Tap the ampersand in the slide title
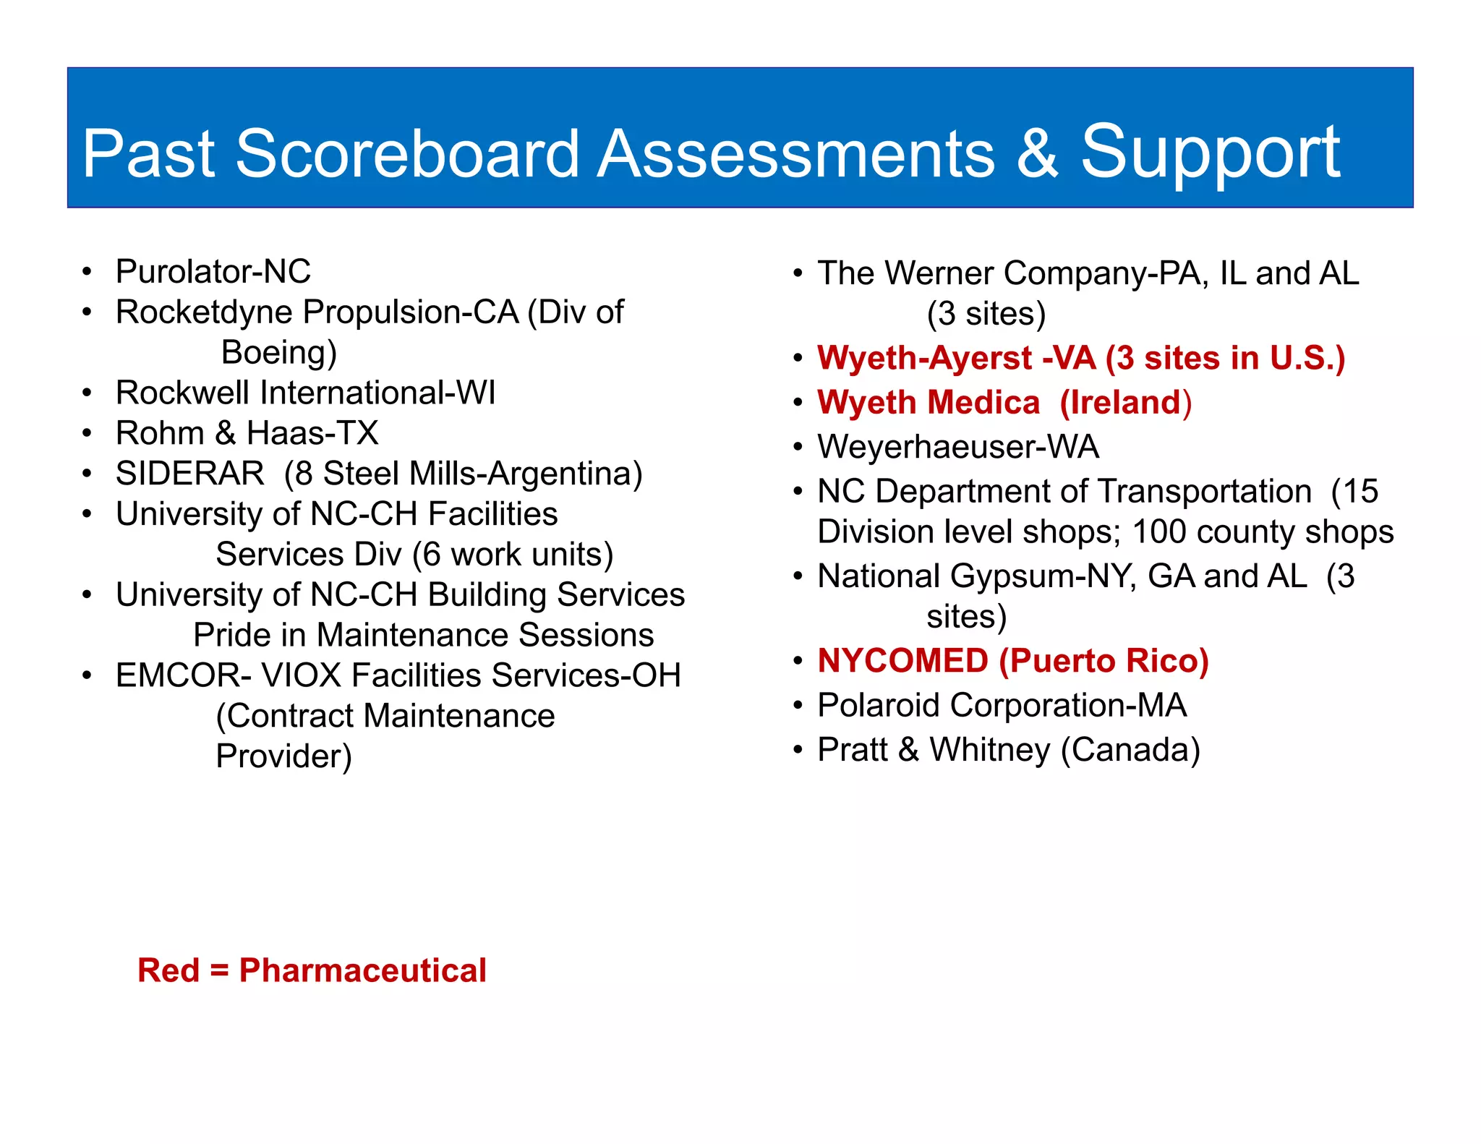(1036, 154)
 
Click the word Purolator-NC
(213, 272)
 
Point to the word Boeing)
(279, 353)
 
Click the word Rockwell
(183, 393)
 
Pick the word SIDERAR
(190, 474)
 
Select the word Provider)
(283, 756)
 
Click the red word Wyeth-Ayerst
(925, 358)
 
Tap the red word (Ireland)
(1126, 403)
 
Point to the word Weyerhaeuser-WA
(958, 447)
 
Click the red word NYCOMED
(902, 661)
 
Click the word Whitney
(990, 750)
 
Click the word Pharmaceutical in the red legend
(362, 970)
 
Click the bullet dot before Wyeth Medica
(798, 403)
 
